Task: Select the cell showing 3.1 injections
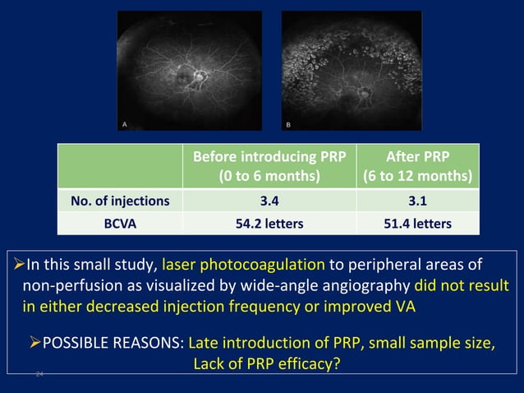(x=417, y=200)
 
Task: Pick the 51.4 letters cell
(x=417, y=223)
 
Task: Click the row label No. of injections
(x=120, y=200)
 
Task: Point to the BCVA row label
(x=120, y=223)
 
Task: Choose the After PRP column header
(x=417, y=166)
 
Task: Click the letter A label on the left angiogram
(x=124, y=123)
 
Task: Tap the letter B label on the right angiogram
(x=288, y=123)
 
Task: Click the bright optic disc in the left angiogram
(x=198, y=76)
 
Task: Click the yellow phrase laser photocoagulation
(x=243, y=266)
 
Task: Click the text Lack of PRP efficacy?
(x=266, y=363)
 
